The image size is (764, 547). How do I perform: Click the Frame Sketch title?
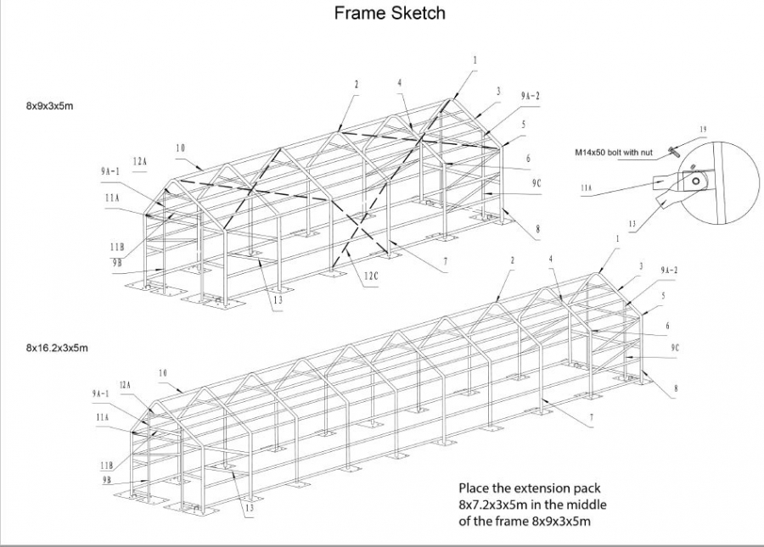390,14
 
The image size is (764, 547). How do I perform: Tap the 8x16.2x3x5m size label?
57,348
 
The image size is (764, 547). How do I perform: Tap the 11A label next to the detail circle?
586,187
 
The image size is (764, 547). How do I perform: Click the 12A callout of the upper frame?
139,160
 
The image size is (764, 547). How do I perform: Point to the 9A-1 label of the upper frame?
110,171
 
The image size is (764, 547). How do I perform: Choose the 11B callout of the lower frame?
104,466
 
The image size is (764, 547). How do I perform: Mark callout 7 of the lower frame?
591,417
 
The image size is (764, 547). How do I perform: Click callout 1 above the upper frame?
475,60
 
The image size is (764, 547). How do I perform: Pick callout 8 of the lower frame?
675,389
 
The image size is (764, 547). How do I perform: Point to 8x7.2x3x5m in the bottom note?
494,505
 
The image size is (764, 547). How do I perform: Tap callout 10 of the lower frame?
162,373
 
